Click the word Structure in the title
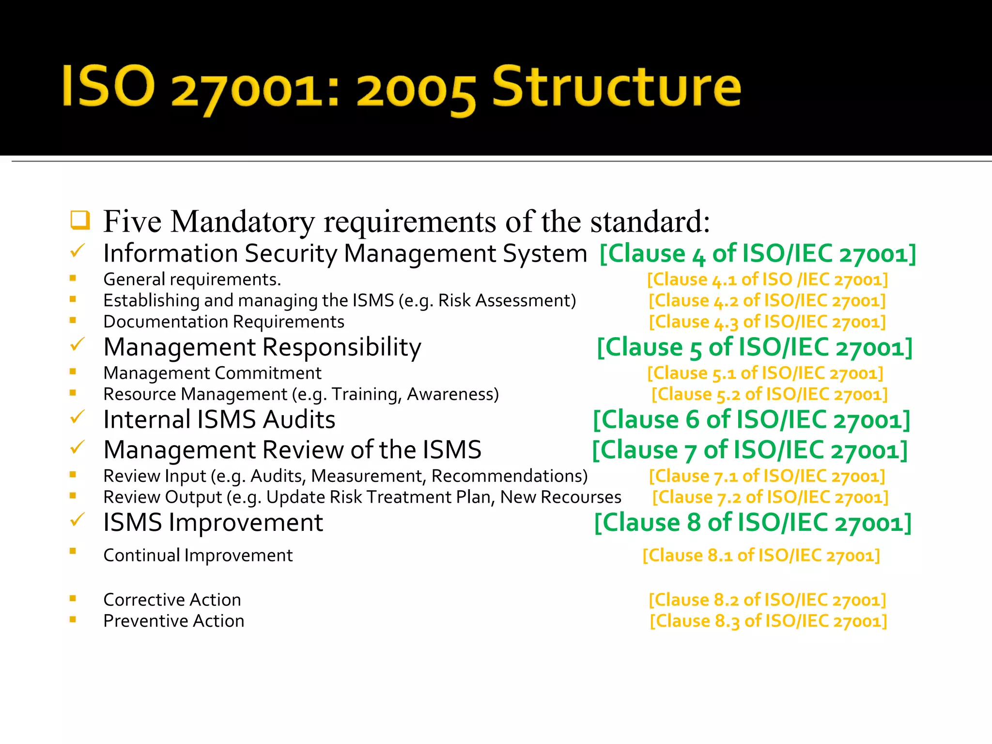coord(616,87)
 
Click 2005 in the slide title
coord(416,92)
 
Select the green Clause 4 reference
coord(758,254)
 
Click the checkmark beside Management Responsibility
coord(77,345)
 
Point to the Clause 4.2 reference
coord(767,301)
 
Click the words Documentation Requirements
coord(224,322)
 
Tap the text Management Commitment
coord(212,373)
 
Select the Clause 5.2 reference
coord(769,395)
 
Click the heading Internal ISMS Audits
coord(219,419)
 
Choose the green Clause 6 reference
coord(752,420)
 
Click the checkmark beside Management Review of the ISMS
coord(77,447)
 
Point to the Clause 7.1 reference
coord(767,476)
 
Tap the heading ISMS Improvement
coord(213,523)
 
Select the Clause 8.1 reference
coord(761,556)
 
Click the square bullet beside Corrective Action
coord(73,598)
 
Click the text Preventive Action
coord(174,621)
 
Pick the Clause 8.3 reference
coord(768,621)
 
